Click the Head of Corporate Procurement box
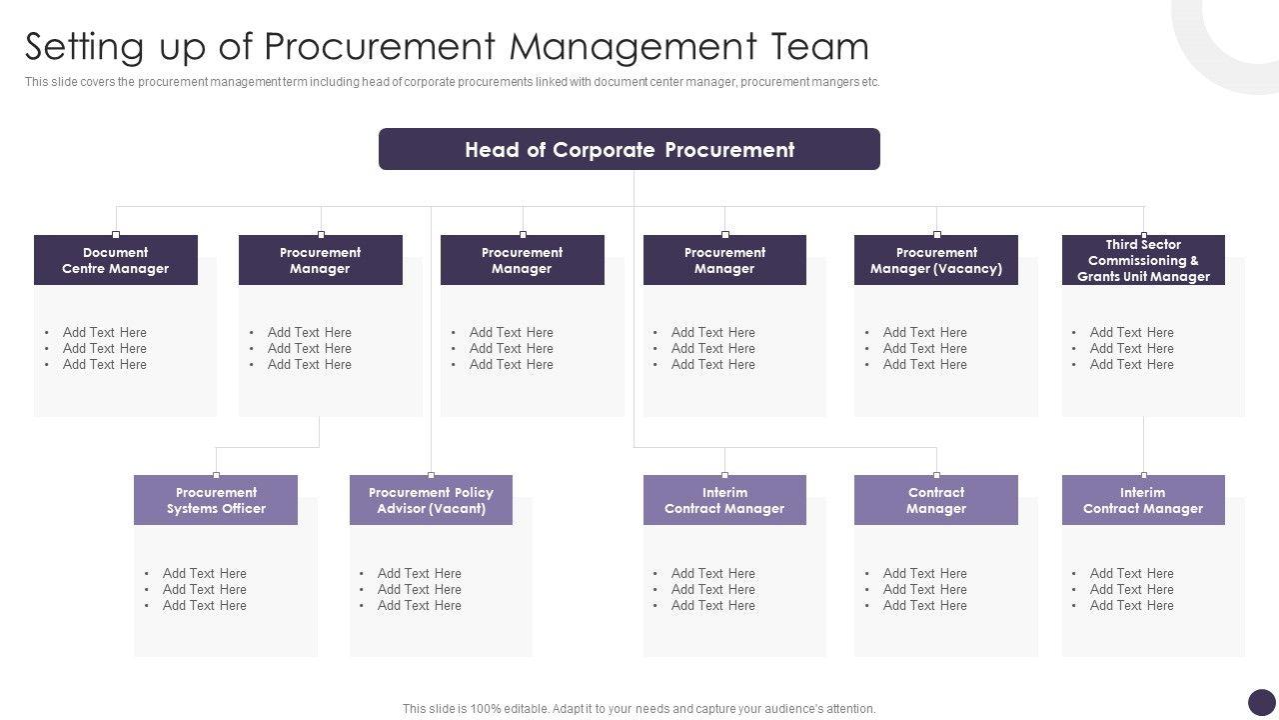tap(629, 149)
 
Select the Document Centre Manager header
tap(116, 260)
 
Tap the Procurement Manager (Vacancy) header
tap(935, 260)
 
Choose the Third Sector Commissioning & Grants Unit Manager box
tap(1143, 260)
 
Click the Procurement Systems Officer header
tap(216, 500)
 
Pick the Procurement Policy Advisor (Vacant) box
tap(431, 500)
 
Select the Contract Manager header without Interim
tap(935, 500)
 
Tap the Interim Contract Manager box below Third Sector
tap(1143, 500)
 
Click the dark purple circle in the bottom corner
tap(1262, 702)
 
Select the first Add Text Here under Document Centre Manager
tap(105, 332)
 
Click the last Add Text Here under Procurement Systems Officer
tap(205, 605)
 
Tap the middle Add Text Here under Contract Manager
tap(925, 589)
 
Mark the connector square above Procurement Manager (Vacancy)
tap(936, 235)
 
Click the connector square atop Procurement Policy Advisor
tap(431, 475)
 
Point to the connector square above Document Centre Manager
tap(116, 235)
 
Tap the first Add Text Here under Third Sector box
tap(1132, 332)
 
